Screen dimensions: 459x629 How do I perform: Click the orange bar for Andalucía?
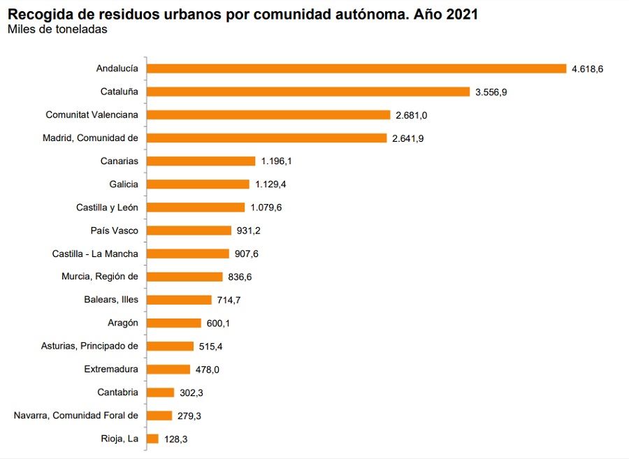coord(356,68)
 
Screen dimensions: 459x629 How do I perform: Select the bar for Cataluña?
coord(308,92)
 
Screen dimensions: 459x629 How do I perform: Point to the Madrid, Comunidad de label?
coord(90,138)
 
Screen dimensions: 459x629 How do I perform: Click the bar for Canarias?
coord(201,161)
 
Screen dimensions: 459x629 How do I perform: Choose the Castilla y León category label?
coord(107,207)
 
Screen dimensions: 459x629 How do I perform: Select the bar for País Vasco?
coord(189,231)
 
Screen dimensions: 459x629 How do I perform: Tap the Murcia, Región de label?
coord(100,277)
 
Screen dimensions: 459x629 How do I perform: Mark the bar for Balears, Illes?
coord(180,300)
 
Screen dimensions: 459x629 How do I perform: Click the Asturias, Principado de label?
coord(89,346)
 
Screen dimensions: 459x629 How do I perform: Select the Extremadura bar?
coord(168,369)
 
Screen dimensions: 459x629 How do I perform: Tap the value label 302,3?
coord(189,393)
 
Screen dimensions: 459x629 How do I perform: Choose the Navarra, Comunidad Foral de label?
coord(76,416)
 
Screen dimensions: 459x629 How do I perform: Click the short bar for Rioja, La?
coord(153,439)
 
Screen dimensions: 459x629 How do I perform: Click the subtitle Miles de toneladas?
coord(57,29)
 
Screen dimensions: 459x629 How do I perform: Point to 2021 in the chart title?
coord(461,14)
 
